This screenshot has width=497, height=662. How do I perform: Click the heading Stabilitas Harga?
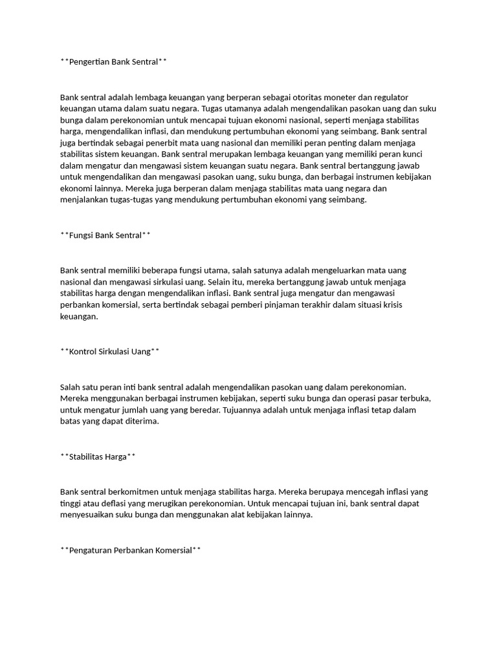(98, 456)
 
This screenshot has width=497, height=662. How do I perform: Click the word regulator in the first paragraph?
(391, 97)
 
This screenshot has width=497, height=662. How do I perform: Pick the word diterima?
(139, 422)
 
